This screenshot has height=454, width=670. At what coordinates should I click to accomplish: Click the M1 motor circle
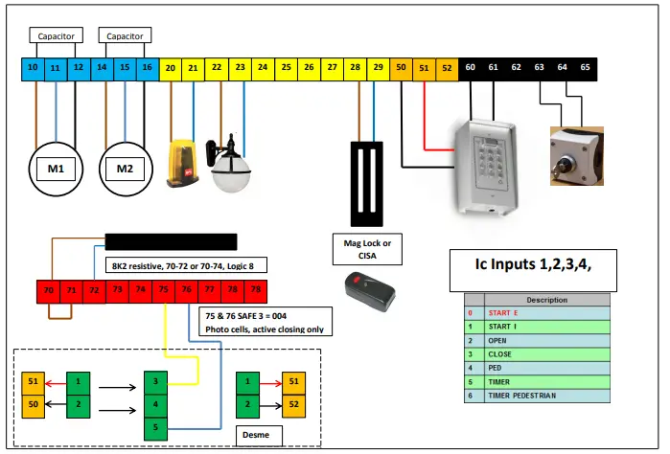(56, 169)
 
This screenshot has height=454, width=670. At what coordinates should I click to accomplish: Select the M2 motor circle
(125, 169)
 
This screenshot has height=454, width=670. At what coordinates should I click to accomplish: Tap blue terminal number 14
(102, 68)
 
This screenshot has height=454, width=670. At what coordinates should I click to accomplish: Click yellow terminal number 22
(217, 68)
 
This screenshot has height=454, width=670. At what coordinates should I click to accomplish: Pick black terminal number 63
(540, 68)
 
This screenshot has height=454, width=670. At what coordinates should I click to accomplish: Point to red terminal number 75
(164, 288)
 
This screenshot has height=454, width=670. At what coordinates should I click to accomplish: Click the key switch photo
(573, 149)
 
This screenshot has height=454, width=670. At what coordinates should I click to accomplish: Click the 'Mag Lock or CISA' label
(367, 250)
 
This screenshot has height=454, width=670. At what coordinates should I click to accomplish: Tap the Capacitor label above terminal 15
(125, 35)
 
